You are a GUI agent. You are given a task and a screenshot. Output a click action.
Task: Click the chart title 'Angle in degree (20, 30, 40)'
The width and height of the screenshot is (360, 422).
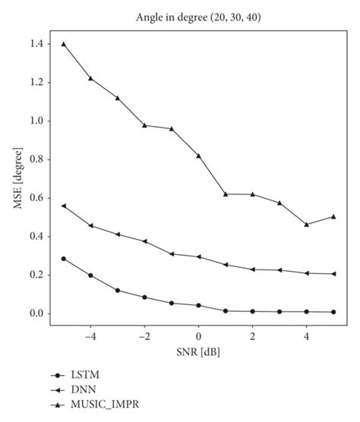tap(198, 16)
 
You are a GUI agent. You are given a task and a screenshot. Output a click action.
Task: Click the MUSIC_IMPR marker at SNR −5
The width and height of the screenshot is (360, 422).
tap(64, 44)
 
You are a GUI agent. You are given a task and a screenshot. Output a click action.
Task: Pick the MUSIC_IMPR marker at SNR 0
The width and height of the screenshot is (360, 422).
tap(198, 156)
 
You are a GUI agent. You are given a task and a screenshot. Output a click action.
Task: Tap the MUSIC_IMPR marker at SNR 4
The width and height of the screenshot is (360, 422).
tap(307, 225)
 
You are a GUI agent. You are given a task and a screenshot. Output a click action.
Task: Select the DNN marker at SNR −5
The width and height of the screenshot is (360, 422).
tap(64, 206)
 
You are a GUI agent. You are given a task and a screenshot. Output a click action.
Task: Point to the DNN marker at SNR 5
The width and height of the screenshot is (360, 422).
tap(333, 274)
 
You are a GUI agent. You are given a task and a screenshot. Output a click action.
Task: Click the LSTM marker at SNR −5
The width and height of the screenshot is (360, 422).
tap(64, 259)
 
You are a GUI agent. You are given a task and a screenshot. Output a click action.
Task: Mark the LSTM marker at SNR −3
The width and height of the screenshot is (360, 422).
tap(118, 291)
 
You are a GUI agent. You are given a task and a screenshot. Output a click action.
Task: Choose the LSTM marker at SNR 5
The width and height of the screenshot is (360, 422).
tap(333, 312)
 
